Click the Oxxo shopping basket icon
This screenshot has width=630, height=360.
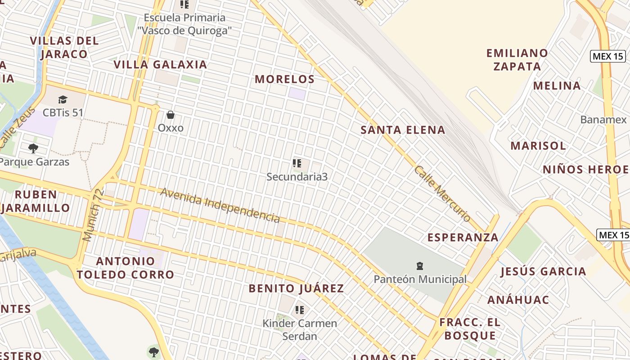(171, 115)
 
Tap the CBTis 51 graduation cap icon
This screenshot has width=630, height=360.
(63, 99)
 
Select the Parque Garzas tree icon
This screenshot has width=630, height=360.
(33, 148)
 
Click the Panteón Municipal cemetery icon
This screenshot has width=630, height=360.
(420, 266)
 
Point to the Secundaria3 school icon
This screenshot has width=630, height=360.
(297, 163)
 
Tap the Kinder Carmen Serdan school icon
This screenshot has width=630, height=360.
(300, 310)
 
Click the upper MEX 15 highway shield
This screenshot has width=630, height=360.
(608, 56)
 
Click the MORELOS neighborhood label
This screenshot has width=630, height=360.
(284, 79)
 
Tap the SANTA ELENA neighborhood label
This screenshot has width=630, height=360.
(403, 130)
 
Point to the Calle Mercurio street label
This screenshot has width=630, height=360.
(442, 194)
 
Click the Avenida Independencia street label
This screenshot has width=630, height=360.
(220, 205)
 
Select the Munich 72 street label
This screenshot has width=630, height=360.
(94, 215)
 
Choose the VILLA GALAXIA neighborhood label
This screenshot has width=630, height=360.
(160, 64)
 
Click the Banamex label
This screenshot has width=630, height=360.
(603, 119)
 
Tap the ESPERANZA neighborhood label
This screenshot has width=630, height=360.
(463, 237)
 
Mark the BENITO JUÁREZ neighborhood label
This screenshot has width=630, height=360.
(296, 288)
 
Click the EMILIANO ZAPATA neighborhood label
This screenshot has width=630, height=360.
(517, 59)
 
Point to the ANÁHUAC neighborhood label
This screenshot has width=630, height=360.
(518, 300)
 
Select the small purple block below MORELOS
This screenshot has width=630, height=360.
(297, 94)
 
